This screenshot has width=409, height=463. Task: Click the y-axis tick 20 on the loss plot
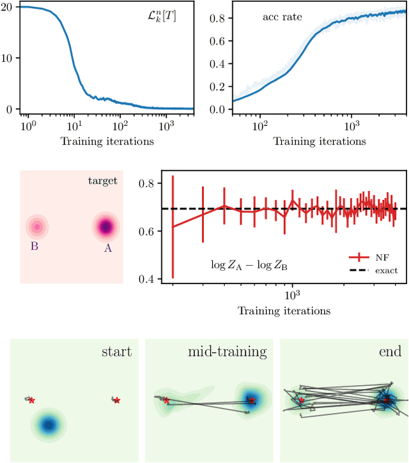pos(7,6)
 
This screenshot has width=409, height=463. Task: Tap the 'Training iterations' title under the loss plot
pos(107,141)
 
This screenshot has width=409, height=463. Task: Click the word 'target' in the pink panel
pos(102,181)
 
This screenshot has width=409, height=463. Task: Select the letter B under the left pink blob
pos(35,244)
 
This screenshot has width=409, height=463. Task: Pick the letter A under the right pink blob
pos(107,248)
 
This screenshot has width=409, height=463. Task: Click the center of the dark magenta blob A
pos(105,226)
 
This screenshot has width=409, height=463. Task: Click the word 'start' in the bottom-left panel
pos(116,352)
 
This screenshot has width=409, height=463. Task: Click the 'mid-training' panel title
pos(227,352)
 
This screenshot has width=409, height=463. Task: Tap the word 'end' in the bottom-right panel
pos(389,352)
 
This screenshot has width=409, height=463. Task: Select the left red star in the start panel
pos(31,400)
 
